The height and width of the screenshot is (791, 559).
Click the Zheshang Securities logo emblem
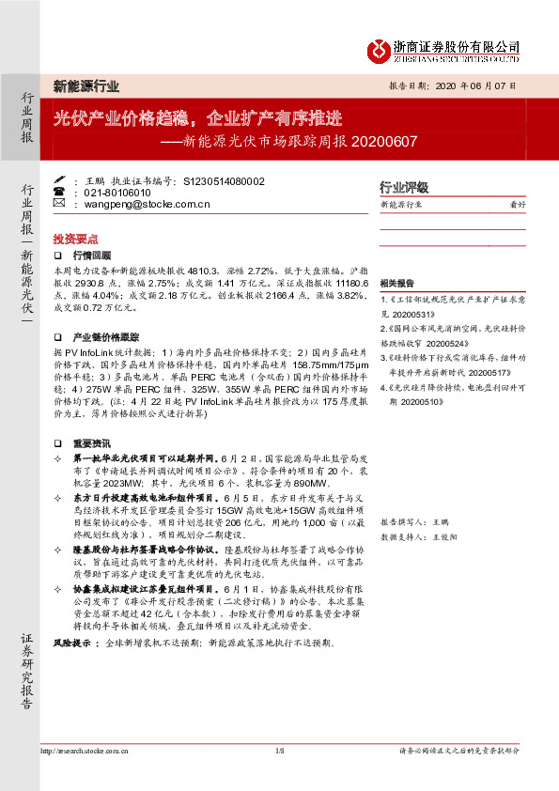pos(377,49)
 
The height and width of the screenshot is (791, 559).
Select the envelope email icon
pos(59,203)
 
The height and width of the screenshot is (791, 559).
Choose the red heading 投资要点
pos(75,239)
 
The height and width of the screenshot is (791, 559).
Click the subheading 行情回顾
pos(91,255)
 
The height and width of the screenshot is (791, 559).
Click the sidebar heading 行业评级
pos(403,187)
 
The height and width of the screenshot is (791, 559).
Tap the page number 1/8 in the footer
pos(279,752)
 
